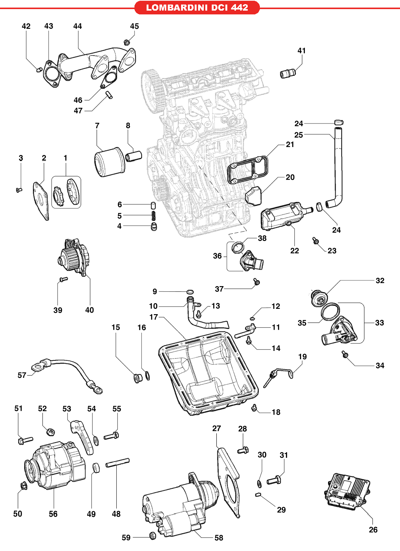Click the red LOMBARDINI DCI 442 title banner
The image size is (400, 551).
click(197, 8)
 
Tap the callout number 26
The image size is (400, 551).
click(373, 530)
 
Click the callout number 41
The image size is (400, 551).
click(302, 51)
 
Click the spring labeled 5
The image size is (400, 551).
click(154, 215)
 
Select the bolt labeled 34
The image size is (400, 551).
click(345, 354)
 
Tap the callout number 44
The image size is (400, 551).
click(77, 26)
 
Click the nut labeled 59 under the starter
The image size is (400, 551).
click(152, 535)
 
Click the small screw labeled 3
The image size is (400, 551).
click(19, 189)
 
